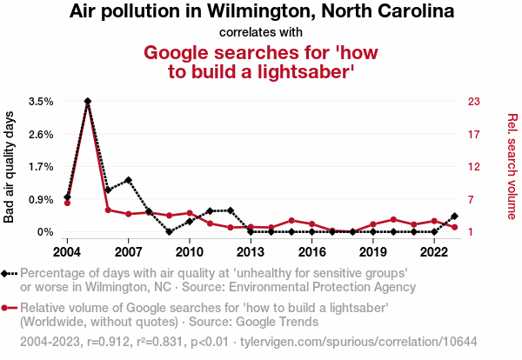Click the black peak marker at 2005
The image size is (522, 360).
(x=88, y=102)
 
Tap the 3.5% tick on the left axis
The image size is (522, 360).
(x=41, y=102)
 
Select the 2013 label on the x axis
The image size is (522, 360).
(x=251, y=251)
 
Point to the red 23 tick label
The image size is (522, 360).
(x=475, y=102)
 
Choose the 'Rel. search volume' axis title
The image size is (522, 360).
(x=512, y=167)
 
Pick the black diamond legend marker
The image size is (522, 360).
(x=8, y=273)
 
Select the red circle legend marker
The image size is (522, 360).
(x=8, y=308)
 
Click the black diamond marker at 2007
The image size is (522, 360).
(x=128, y=180)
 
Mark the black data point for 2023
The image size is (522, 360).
(x=455, y=216)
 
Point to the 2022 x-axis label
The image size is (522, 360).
(x=434, y=251)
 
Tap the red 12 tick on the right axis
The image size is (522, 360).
(x=475, y=167)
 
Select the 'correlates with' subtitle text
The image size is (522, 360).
(x=261, y=32)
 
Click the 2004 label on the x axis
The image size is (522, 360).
(x=67, y=251)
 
